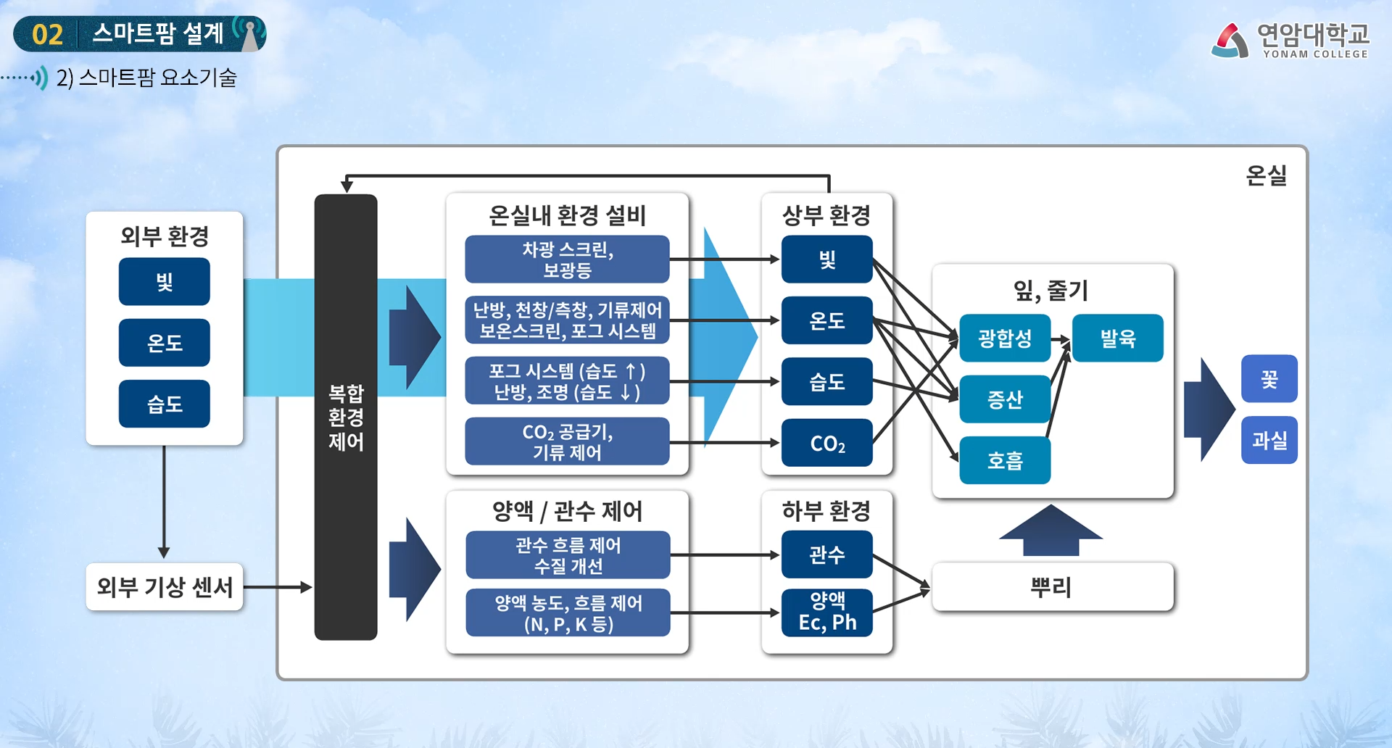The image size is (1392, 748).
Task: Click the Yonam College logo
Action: (x=1290, y=40)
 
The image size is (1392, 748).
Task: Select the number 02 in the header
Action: (x=48, y=35)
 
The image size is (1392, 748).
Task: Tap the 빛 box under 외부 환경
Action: (x=165, y=282)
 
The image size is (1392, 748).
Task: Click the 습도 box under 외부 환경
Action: (x=165, y=404)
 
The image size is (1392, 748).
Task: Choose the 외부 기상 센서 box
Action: (x=165, y=586)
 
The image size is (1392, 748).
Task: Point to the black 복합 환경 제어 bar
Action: (x=346, y=417)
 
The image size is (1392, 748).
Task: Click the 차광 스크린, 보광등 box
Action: (x=567, y=259)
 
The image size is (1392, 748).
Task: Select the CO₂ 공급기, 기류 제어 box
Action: (x=567, y=441)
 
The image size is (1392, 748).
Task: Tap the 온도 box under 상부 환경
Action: (x=826, y=320)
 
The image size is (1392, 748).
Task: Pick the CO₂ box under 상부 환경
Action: (x=826, y=443)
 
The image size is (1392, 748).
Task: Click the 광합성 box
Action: (x=1005, y=338)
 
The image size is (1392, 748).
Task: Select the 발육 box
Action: (x=1117, y=338)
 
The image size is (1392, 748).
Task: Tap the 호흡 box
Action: (x=1005, y=460)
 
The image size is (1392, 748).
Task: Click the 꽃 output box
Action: (x=1269, y=378)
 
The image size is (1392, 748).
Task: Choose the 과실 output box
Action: (x=1269, y=440)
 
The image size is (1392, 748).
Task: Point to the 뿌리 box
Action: (x=1052, y=586)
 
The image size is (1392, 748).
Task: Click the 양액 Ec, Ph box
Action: (x=826, y=612)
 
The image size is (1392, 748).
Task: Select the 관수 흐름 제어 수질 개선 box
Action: (x=568, y=555)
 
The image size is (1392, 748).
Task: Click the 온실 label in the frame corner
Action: (x=1266, y=175)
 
